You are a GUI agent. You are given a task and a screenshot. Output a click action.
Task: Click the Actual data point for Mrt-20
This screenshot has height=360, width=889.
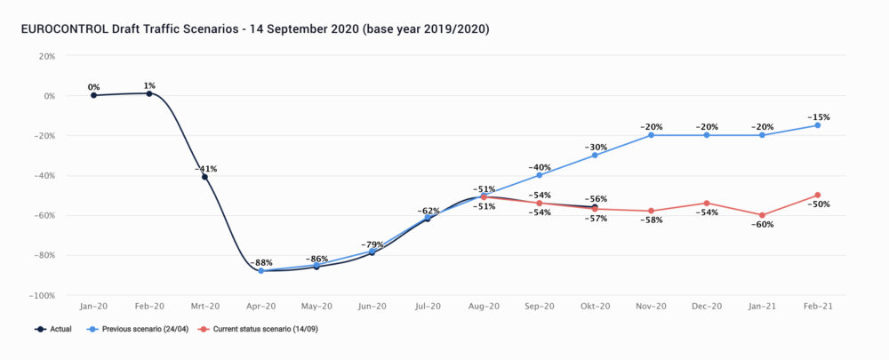[205, 177]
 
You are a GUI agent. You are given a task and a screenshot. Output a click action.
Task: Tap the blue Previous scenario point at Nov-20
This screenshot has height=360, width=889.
[652, 135]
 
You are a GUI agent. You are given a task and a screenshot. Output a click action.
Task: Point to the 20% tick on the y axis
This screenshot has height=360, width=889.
[44, 56]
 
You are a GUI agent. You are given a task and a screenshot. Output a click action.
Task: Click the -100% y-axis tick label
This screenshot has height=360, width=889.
[41, 295]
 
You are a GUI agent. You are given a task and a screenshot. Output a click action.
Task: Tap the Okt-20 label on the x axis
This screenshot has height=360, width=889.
[595, 307]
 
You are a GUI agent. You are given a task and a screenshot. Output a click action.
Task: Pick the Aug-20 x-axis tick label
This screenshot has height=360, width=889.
[484, 307]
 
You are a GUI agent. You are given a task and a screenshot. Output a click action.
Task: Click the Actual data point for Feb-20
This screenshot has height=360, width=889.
[149, 93]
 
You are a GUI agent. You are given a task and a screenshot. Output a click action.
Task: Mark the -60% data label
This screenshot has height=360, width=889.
[762, 225]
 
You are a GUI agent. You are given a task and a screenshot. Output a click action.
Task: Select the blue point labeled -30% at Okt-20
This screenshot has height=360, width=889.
[596, 156]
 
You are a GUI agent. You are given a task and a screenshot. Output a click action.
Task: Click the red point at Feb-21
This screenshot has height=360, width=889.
[818, 195]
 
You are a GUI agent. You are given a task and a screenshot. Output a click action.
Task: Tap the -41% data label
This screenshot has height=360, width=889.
[205, 168]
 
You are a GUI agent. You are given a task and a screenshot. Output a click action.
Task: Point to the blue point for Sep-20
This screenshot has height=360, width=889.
[540, 175]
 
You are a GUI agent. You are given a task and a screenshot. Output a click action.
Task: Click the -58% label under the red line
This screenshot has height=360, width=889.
[652, 220]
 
